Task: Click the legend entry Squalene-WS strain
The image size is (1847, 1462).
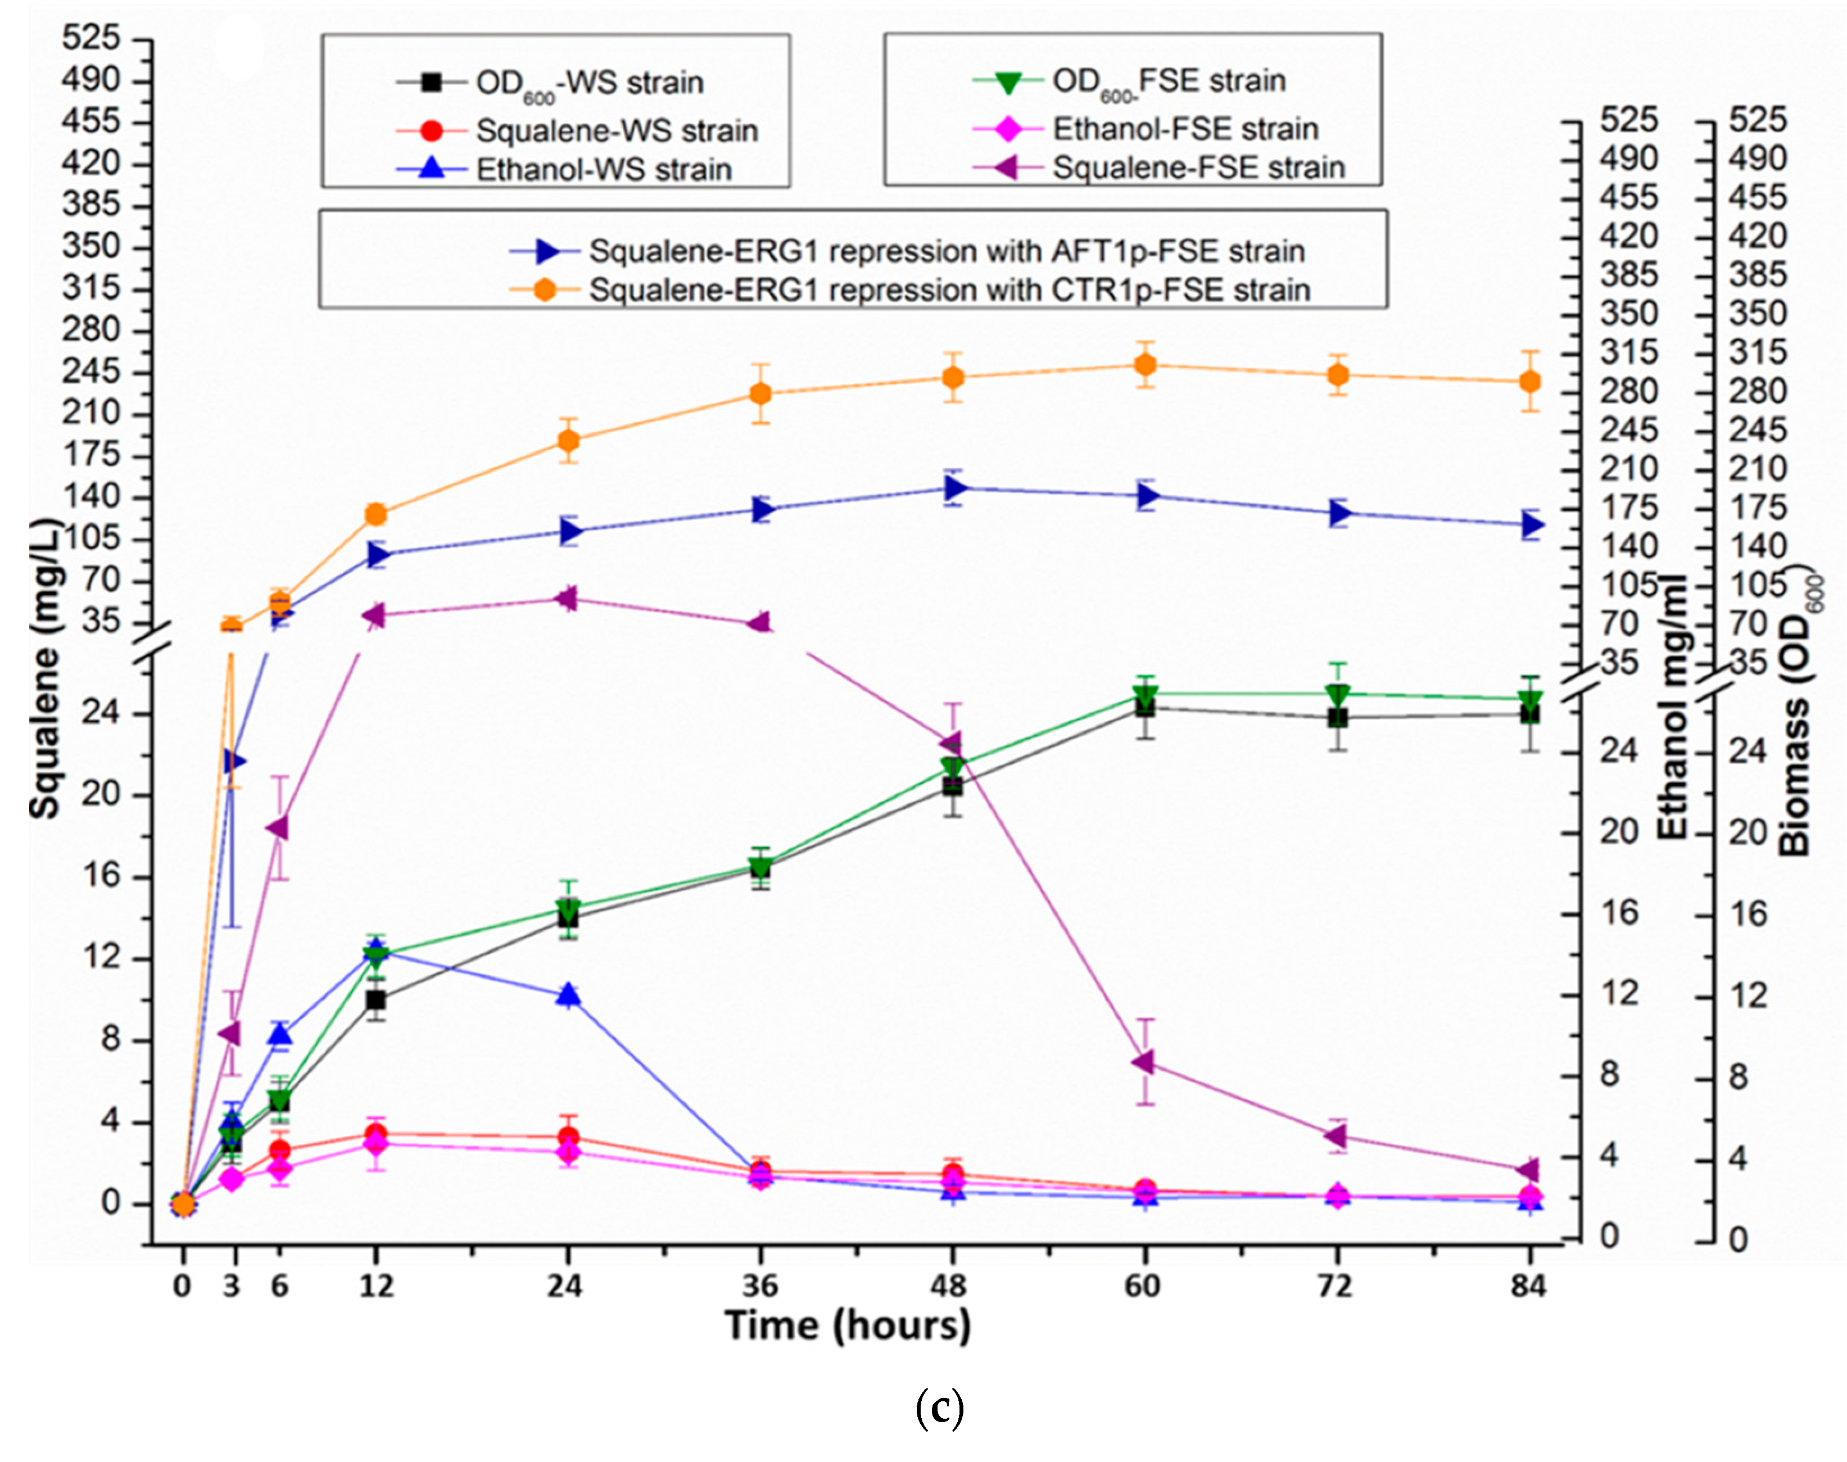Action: (x=616, y=131)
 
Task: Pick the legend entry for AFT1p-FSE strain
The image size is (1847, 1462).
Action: (x=946, y=252)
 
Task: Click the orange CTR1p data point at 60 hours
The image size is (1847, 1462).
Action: (x=1145, y=365)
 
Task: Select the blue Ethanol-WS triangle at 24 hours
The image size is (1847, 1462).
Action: (x=568, y=995)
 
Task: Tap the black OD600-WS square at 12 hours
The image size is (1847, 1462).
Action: (x=375, y=1000)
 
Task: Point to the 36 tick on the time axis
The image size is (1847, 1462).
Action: (x=760, y=1286)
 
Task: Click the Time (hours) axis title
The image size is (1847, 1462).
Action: (x=847, y=1325)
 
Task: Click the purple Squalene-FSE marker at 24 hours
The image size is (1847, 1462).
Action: (x=566, y=598)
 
